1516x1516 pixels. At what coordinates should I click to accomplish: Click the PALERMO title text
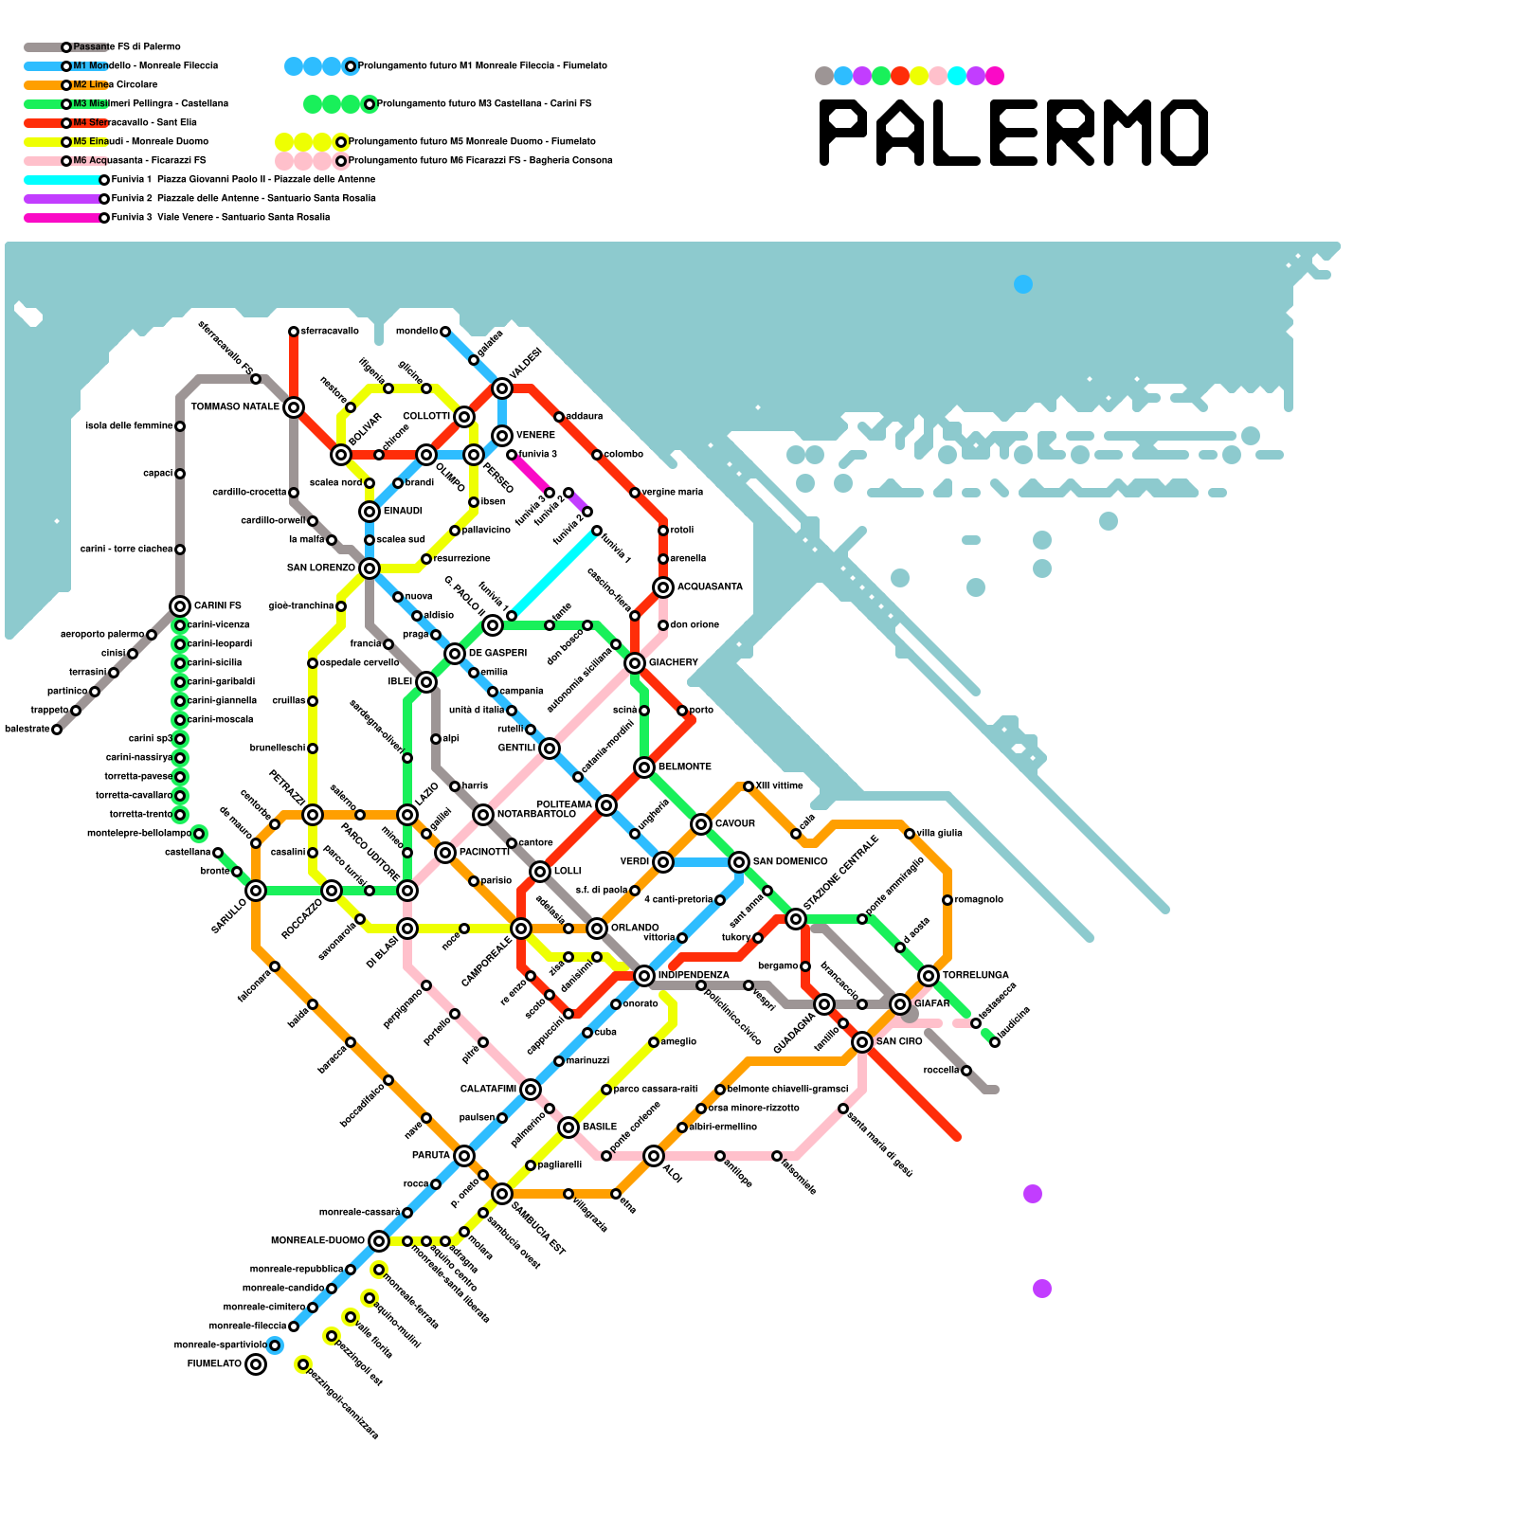pyautogui.click(x=1014, y=133)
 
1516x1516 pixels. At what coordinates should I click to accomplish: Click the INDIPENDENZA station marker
pyautogui.click(x=644, y=976)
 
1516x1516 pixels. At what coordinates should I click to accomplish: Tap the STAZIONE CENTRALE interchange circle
pyautogui.click(x=796, y=919)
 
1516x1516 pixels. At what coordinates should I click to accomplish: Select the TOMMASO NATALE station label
pyautogui.click(x=235, y=407)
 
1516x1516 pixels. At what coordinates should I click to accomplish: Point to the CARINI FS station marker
pyautogui.click(x=180, y=606)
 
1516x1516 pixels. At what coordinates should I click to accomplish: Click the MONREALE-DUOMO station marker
pyautogui.click(x=379, y=1241)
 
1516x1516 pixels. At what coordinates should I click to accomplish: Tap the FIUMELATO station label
pyautogui.click(x=214, y=1364)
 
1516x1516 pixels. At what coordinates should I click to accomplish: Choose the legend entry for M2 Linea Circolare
pyautogui.click(x=115, y=85)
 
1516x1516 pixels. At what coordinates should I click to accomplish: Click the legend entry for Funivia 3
pyautogui.click(x=220, y=218)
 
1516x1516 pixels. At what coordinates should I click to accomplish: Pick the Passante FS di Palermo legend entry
pyautogui.click(x=126, y=47)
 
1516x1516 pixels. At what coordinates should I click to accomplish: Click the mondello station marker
pyautogui.click(x=445, y=332)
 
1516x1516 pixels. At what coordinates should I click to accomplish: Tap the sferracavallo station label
pyautogui.click(x=330, y=332)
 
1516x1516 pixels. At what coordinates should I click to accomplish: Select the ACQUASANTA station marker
pyautogui.click(x=663, y=587)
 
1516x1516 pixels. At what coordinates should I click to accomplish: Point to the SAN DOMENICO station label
pyautogui.click(x=790, y=862)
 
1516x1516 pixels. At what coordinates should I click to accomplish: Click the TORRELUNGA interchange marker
pyautogui.click(x=929, y=976)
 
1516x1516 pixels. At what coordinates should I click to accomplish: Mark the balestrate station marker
pyautogui.click(x=57, y=730)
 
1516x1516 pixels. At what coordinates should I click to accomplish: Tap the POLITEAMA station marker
pyautogui.click(x=606, y=805)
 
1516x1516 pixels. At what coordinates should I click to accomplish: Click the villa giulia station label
pyautogui.click(x=940, y=834)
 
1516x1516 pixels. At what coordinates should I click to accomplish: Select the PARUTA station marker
pyautogui.click(x=464, y=1156)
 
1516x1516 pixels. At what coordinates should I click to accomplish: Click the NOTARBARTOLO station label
pyautogui.click(x=536, y=815)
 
